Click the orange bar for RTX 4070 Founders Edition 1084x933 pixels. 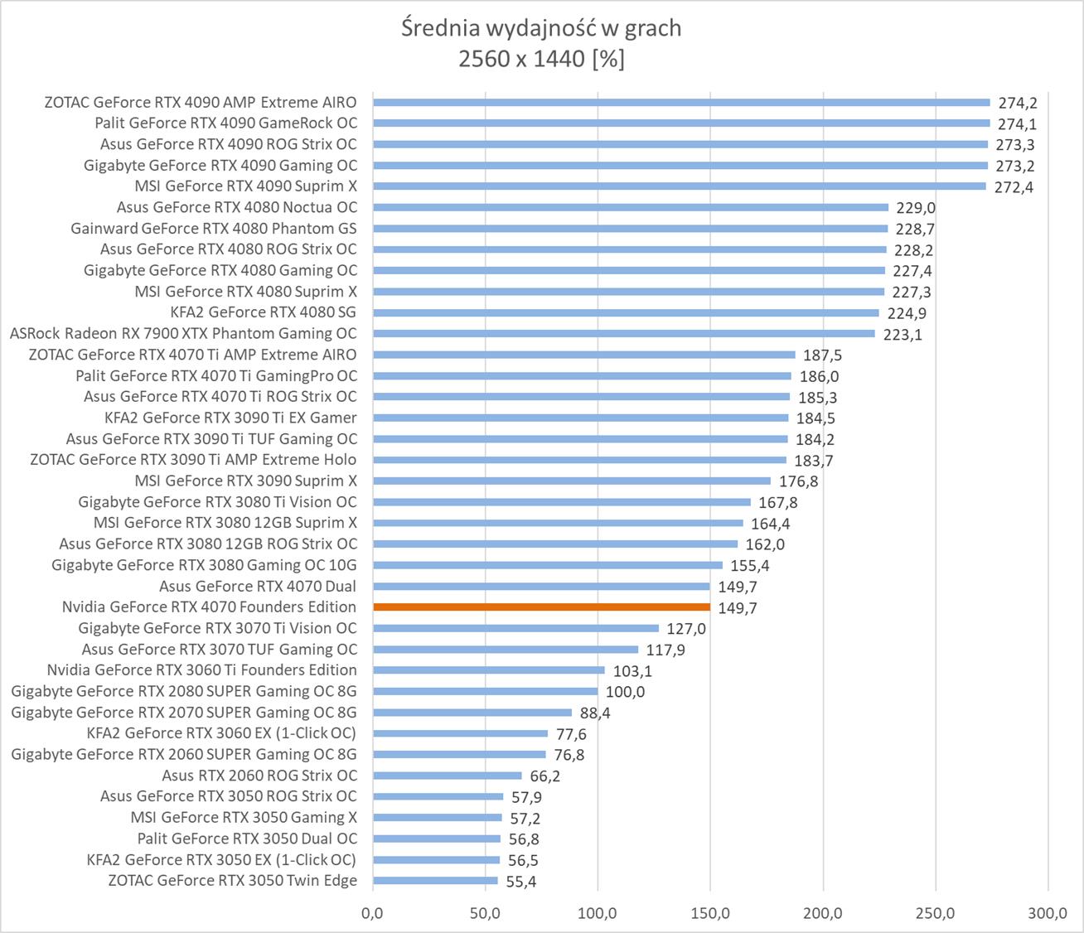coord(541,607)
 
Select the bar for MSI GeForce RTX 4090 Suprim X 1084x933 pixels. coord(680,186)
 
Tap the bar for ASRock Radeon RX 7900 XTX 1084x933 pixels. coord(623,334)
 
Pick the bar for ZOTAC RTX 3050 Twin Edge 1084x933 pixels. coord(435,881)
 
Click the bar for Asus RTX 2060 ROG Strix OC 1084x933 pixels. coord(448,776)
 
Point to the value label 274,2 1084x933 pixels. coord(1017,103)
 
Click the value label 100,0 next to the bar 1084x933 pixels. coord(625,692)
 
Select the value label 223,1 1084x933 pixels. coord(903,335)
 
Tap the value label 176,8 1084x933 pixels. coord(797,481)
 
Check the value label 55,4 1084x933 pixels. coord(520,882)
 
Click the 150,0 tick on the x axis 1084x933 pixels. coord(710,913)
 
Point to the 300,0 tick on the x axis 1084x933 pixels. coord(1048,913)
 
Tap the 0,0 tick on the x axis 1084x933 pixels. coord(373,913)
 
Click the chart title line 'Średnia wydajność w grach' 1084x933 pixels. coord(541,28)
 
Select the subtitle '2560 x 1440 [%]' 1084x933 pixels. coord(541,59)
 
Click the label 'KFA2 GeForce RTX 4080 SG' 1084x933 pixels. coord(263,312)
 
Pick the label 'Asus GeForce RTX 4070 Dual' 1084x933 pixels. coord(258,586)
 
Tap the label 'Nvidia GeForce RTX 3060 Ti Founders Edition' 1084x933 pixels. coord(202,670)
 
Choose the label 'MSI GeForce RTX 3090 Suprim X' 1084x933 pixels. coord(245,481)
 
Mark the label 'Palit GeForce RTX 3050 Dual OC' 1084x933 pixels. coord(247,839)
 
